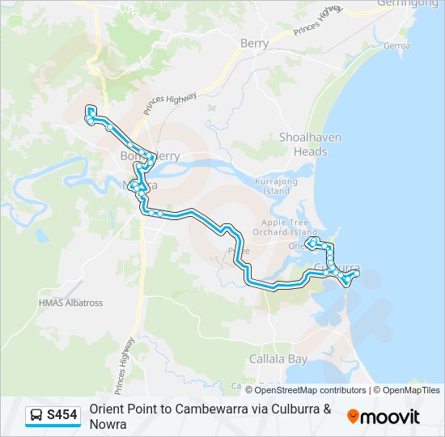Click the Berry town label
(x=254, y=44)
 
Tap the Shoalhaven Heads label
(x=303, y=144)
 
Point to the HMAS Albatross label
(x=71, y=303)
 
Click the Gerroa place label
(x=397, y=46)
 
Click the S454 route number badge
(x=62, y=416)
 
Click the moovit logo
(x=384, y=417)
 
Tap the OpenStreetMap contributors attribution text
(x=310, y=390)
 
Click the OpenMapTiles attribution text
(x=410, y=390)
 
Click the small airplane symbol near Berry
(x=212, y=107)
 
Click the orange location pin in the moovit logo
(x=353, y=417)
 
